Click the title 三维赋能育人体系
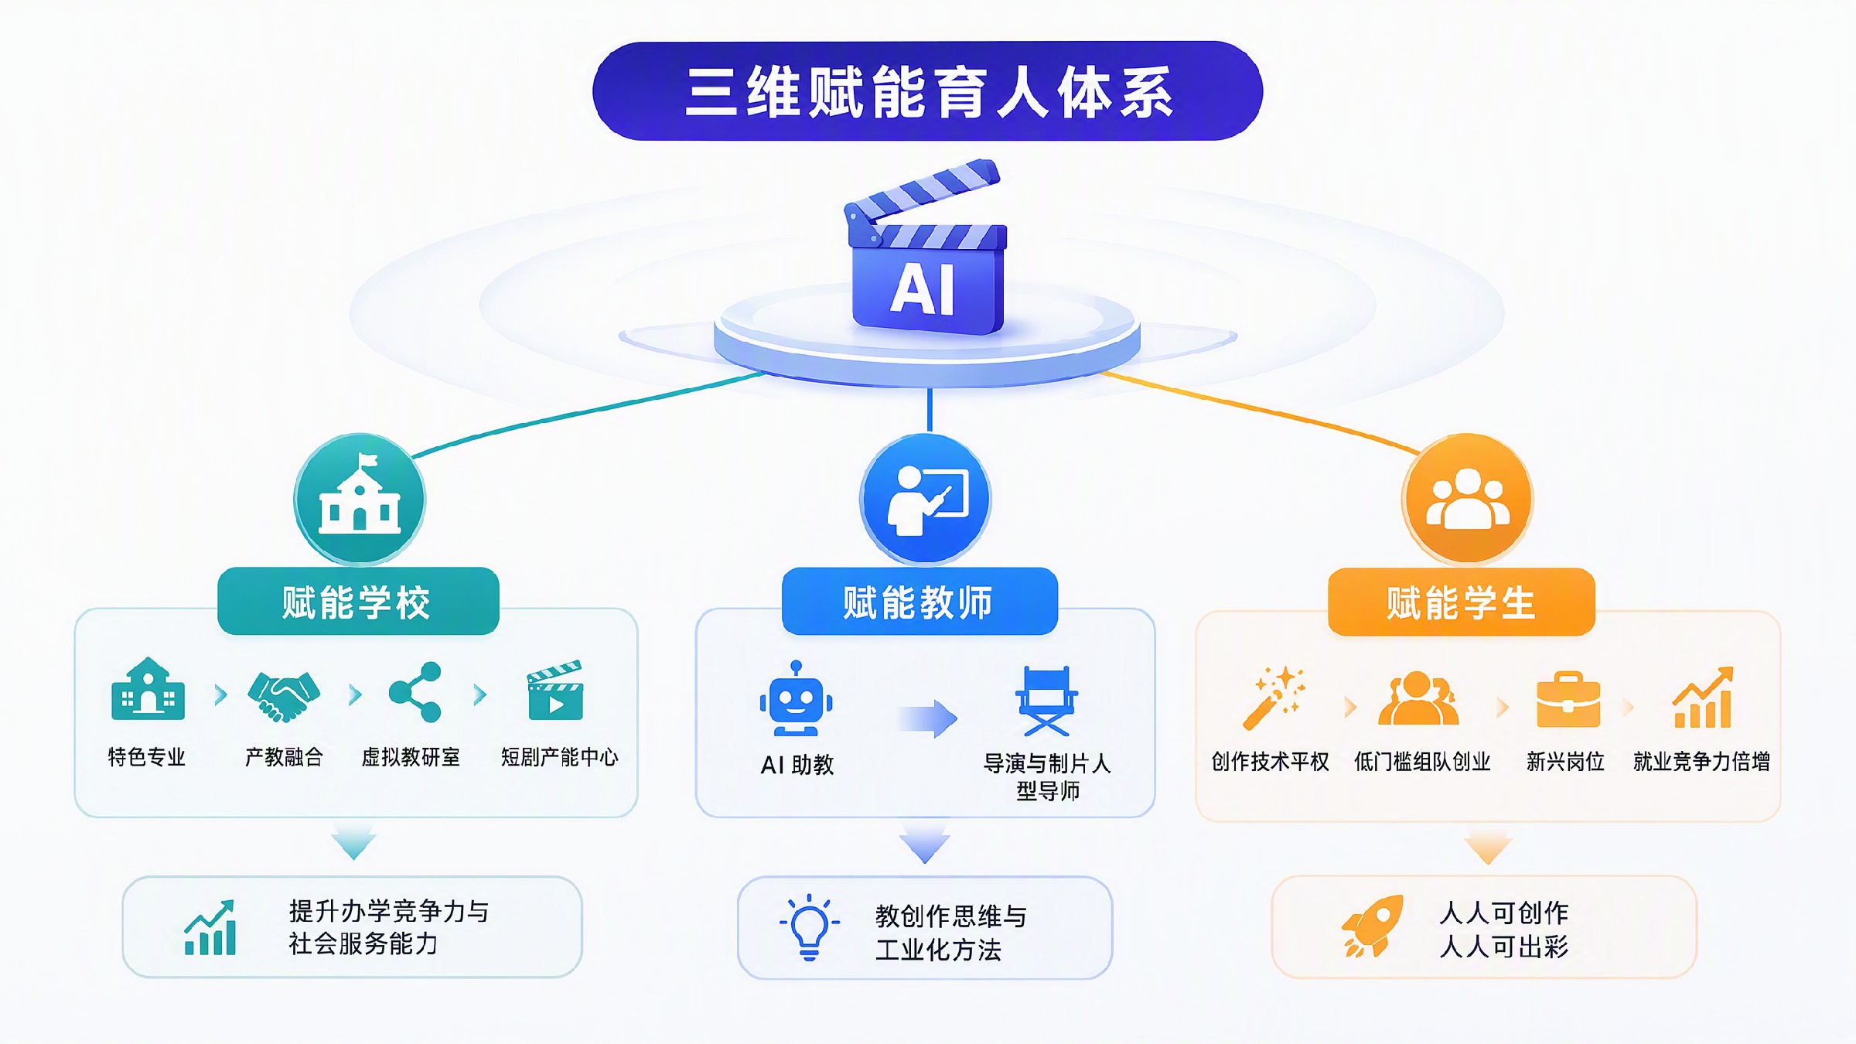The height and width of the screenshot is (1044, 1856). point(928,92)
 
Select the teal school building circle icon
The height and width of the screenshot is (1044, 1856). point(360,499)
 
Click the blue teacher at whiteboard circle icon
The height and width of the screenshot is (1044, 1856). point(926,499)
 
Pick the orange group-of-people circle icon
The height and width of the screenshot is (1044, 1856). point(1467,499)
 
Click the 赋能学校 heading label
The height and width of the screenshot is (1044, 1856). point(358,602)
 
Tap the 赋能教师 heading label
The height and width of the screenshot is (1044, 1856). point(919,602)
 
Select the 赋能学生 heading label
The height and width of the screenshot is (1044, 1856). point(1462,602)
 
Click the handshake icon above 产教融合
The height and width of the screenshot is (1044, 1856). point(283,695)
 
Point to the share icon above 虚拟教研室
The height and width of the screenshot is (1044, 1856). point(415,692)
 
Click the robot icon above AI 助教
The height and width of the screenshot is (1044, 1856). point(796,698)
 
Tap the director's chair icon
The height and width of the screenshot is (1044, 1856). point(1046,701)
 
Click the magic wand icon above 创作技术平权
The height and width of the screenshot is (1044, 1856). point(1274,698)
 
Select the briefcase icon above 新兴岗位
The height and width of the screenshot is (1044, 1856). point(1568,699)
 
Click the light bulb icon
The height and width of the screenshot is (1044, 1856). point(809,927)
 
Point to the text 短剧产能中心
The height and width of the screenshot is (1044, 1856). point(560,757)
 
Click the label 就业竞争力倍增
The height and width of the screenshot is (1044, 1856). point(1701,762)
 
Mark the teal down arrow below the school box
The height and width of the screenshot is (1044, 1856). point(354,842)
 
